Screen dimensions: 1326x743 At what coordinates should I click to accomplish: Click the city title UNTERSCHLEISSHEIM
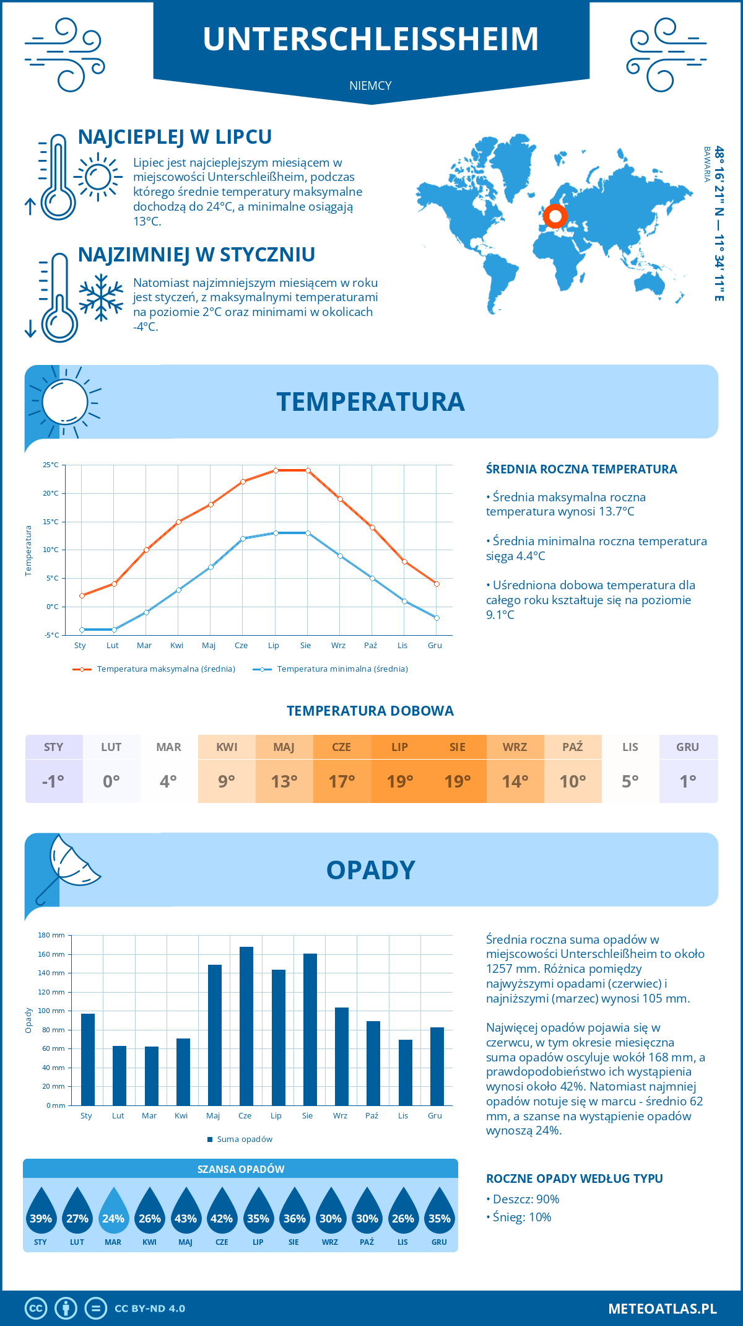coord(370,38)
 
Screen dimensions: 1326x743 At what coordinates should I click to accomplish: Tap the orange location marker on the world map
coord(555,216)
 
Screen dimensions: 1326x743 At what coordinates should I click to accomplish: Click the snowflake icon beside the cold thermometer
coord(101,297)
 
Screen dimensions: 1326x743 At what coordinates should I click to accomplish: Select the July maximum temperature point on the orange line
coord(276,470)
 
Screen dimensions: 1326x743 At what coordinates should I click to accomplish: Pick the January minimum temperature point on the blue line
coord(82,630)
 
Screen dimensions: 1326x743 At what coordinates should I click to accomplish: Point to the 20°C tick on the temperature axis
coord(51,493)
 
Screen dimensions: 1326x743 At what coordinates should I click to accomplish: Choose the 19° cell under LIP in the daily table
coord(400,781)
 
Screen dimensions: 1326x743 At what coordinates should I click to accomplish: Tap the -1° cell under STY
coord(54,781)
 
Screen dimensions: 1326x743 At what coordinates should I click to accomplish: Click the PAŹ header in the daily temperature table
coord(573,747)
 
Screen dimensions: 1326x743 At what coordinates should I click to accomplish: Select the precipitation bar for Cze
coord(246,1026)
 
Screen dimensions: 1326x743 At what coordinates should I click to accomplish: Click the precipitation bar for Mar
coord(152,1076)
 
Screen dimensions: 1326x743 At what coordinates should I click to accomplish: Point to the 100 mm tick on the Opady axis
coord(53,1011)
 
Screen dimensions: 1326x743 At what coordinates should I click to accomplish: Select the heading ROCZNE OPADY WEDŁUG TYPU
coord(574,1179)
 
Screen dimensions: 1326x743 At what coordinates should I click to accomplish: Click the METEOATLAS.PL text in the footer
coord(662,1309)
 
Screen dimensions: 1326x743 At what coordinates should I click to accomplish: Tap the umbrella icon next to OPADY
coord(68,867)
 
